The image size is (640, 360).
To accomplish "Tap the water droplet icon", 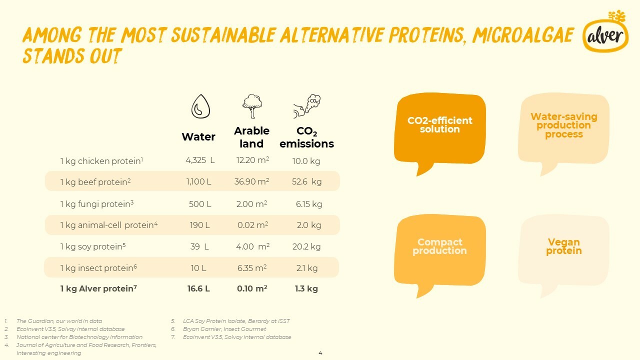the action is pyautogui.click(x=200, y=106).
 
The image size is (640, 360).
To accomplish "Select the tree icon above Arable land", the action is pyautogui.click(x=252, y=106).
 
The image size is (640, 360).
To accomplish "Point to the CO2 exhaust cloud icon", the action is pyautogui.click(x=307, y=106).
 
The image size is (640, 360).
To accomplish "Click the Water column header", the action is pyautogui.click(x=198, y=137).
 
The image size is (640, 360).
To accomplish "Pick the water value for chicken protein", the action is pyautogui.click(x=200, y=160).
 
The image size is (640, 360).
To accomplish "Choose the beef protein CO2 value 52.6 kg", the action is pyautogui.click(x=306, y=181).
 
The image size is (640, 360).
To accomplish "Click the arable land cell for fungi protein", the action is pyautogui.click(x=251, y=204).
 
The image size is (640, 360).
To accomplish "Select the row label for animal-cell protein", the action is pyautogui.click(x=109, y=225).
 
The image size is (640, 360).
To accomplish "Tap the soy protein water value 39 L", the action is pyautogui.click(x=199, y=246).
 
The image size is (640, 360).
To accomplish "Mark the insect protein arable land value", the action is pyautogui.click(x=252, y=268).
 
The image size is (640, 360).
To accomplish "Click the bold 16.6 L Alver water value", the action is pyautogui.click(x=198, y=288).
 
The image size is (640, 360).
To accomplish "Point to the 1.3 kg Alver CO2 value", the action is pyautogui.click(x=306, y=288).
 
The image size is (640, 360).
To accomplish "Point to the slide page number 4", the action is pyautogui.click(x=320, y=353).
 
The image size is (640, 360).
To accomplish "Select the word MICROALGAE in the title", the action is pyautogui.click(x=523, y=35).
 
